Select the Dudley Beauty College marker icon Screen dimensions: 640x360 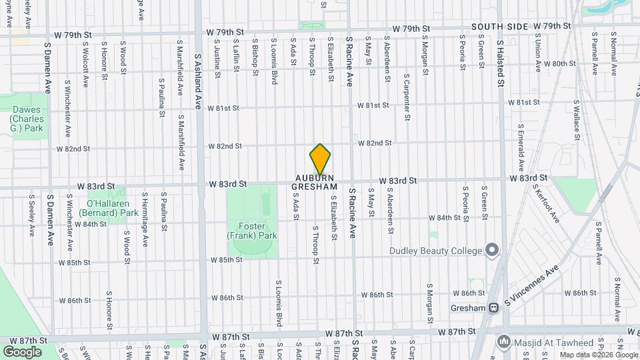click(493, 250)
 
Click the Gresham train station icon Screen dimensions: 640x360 click(494, 307)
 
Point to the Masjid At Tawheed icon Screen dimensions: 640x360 click(505, 342)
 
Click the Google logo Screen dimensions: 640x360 click(22, 351)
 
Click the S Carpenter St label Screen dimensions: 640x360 click(406, 96)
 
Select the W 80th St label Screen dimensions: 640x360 click(559, 64)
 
